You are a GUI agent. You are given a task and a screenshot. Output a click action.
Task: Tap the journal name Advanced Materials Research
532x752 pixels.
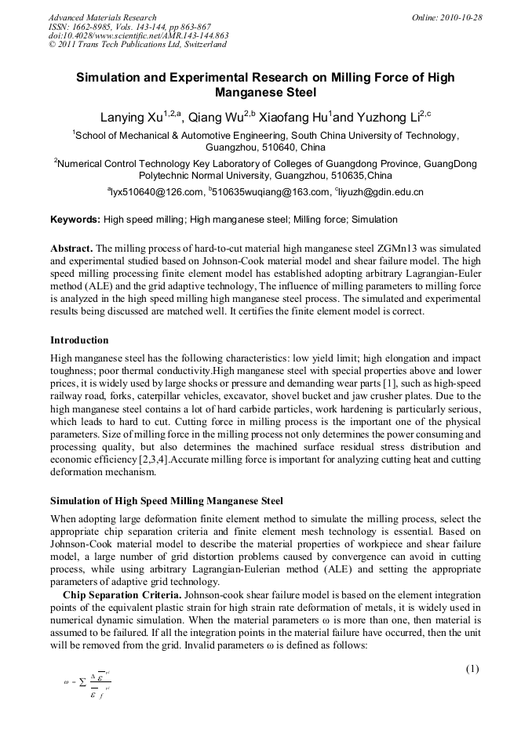(102, 17)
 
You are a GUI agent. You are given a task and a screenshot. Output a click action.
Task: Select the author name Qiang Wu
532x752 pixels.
(213, 118)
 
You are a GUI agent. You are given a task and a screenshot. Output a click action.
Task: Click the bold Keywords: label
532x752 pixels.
(75, 220)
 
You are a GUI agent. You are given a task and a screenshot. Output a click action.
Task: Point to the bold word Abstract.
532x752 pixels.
(71, 247)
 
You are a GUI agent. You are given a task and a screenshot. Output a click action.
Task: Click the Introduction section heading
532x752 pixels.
(79, 340)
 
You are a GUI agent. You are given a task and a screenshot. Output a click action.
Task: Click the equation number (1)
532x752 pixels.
(472, 669)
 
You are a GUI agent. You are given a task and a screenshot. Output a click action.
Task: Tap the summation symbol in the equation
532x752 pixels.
(82, 683)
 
